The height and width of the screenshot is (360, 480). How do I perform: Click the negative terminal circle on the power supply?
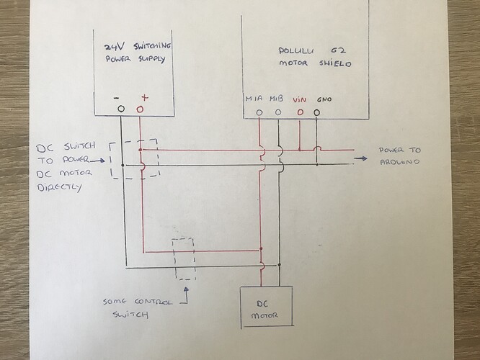pyautogui.click(x=121, y=109)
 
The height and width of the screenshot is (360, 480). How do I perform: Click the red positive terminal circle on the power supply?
pyautogui.click(x=140, y=109)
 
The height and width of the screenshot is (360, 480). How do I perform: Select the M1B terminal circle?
pyautogui.click(x=277, y=112)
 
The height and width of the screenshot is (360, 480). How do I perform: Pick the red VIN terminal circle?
pyautogui.click(x=299, y=112)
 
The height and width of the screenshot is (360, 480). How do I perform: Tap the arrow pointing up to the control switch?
pyautogui.click(x=185, y=292)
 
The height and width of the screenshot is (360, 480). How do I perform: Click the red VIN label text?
pyautogui.click(x=300, y=99)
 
